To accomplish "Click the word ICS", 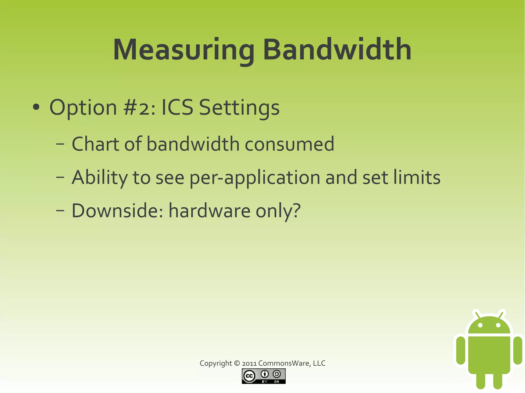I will point(177,108).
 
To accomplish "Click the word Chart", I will point(96,144).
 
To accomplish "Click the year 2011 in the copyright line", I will point(249,363).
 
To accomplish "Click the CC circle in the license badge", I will point(249,376).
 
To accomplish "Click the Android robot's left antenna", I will point(477,315).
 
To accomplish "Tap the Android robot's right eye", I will point(498,325).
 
